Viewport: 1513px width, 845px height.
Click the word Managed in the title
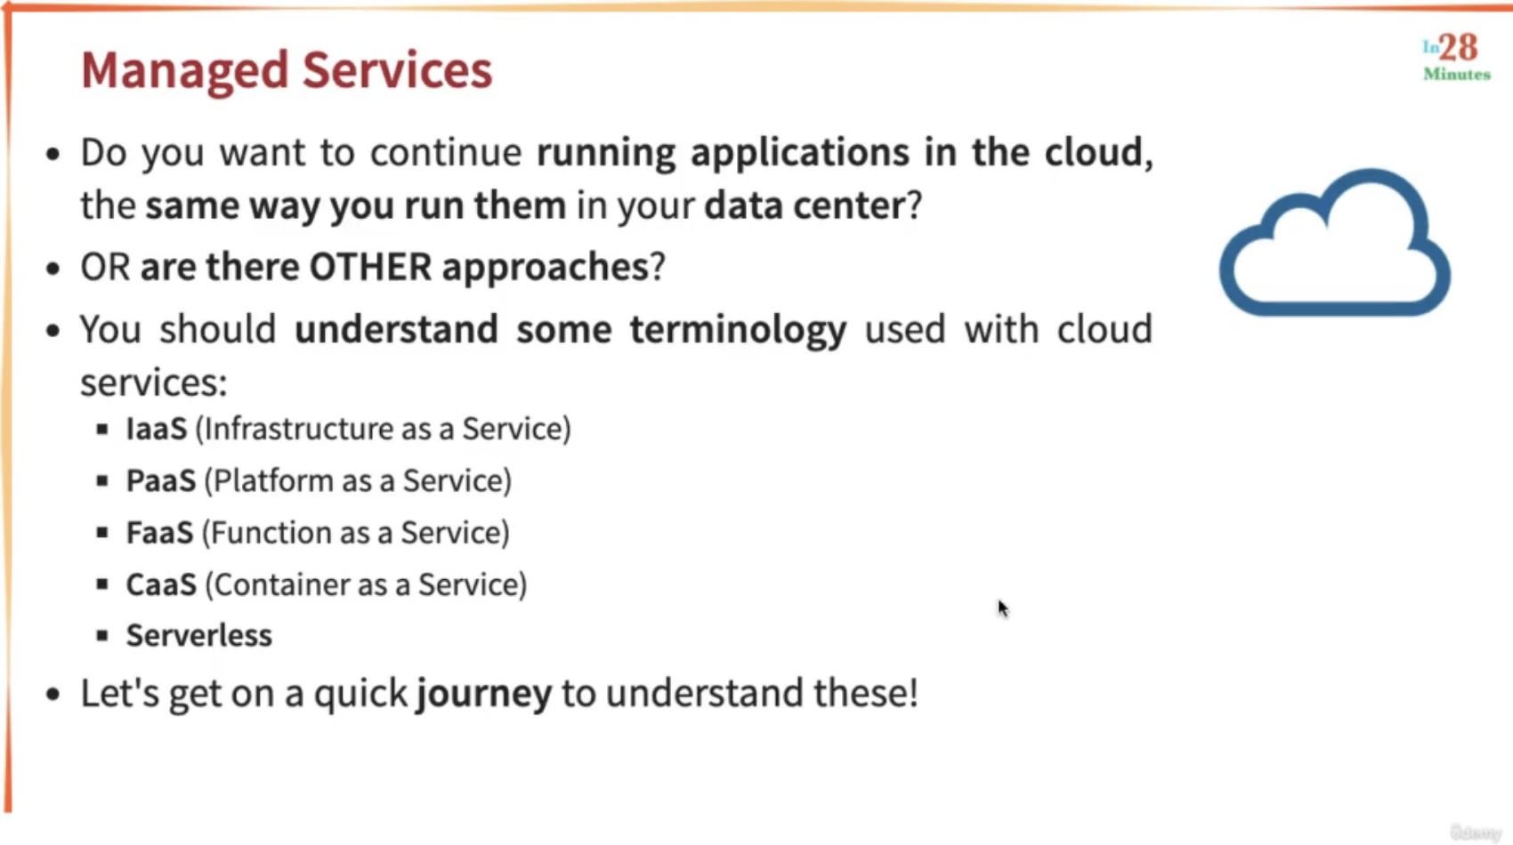tap(184, 71)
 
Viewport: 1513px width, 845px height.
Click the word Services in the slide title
tap(397, 69)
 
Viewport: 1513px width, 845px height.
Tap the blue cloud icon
tap(1335, 242)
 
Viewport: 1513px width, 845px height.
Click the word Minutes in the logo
tap(1457, 74)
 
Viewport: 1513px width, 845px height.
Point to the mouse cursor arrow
tap(1003, 608)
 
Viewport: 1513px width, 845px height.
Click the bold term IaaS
tap(157, 429)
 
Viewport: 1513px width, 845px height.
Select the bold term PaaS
tap(161, 480)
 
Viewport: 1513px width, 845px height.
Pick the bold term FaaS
tap(159, 533)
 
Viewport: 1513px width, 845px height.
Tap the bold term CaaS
tap(161, 584)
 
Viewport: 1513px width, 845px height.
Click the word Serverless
tap(199, 636)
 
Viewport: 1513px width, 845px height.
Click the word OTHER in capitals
tap(370, 267)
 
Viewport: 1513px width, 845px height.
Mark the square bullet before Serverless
tap(102, 636)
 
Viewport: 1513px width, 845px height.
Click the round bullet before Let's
tap(53, 694)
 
